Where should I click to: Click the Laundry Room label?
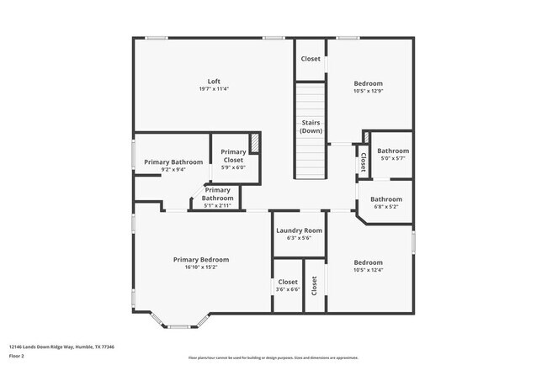pos(300,230)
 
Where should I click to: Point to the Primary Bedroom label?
pos(201,260)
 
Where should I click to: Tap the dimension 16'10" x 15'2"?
pos(201,267)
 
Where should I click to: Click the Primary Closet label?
pos(233,156)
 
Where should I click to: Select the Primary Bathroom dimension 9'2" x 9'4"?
pos(173,169)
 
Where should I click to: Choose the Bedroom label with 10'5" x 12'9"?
pos(368,83)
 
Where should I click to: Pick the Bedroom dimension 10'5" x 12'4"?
pos(368,270)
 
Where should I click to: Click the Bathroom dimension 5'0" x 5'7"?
pos(392,158)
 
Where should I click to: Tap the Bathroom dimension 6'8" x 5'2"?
pos(386,207)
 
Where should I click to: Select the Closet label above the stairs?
pos(311,59)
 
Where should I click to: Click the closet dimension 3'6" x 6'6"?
pos(288,289)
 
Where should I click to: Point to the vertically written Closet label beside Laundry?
pos(314,286)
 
